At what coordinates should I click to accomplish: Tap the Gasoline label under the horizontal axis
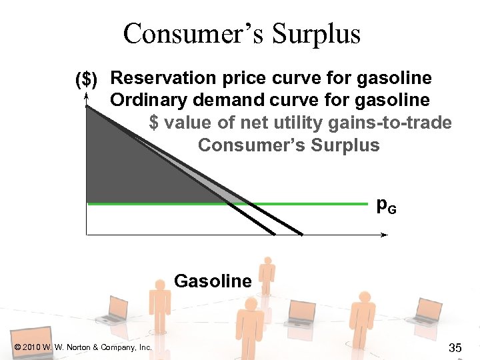pyautogui.click(x=213, y=281)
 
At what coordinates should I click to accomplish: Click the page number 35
pyautogui.click(x=456, y=347)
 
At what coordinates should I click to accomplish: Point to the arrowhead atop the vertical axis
pyautogui.click(x=87, y=97)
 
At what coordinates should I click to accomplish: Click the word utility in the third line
pyautogui.click(x=293, y=123)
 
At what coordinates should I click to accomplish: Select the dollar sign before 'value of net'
pyautogui.click(x=155, y=123)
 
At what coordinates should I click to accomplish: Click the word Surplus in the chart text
pyautogui.click(x=345, y=145)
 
